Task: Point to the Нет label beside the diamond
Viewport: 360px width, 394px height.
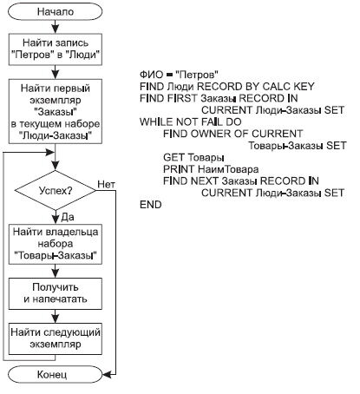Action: point(108,183)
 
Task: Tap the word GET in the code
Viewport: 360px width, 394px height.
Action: point(173,157)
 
